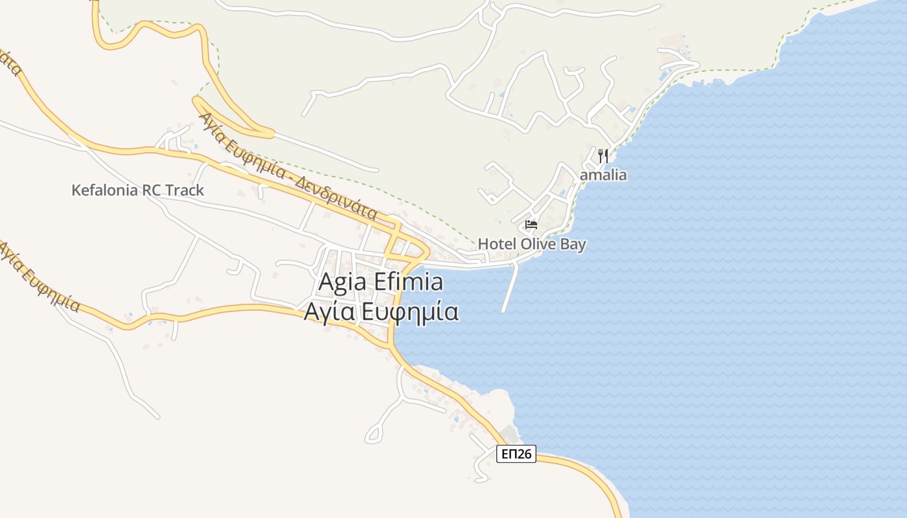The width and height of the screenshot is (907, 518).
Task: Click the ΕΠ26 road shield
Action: click(x=516, y=454)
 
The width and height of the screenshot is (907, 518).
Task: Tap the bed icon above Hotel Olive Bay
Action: click(x=531, y=225)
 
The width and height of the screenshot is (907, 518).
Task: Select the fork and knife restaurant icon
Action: click(x=603, y=155)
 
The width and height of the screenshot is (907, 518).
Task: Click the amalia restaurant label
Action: click(x=604, y=175)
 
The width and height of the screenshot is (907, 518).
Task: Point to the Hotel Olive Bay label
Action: click(x=532, y=244)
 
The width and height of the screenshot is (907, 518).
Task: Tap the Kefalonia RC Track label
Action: click(x=137, y=190)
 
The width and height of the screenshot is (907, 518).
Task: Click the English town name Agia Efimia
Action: click(x=381, y=282)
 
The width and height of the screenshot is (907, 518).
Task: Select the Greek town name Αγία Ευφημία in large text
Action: click(x=382, y=312)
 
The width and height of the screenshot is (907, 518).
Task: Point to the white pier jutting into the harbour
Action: click(x=511, y=288)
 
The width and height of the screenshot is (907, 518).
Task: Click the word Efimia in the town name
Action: click(x=411, y=282)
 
